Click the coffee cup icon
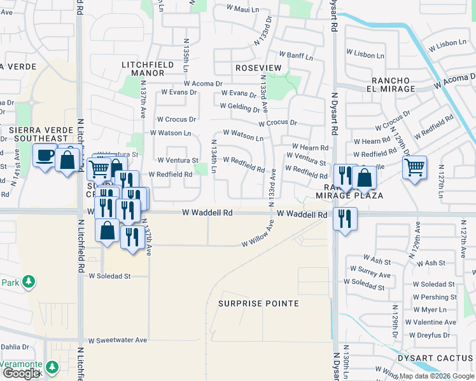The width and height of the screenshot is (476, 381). tap(45, 156)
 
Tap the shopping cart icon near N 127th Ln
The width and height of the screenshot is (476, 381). tap(414, 168)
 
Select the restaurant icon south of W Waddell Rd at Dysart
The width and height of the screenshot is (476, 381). tap(344, 220)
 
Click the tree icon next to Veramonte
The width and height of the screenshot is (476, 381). tap(52, 367)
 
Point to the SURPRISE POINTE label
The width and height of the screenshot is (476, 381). tap(258, 304)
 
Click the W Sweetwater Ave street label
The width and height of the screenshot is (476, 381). tap(118, 340)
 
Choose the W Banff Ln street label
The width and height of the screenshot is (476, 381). tap(294, 57)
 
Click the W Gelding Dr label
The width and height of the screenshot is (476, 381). tap(239, 107)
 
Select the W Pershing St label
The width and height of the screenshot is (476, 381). tap(435, 297)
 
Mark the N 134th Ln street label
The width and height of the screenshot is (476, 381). tap(214, 156)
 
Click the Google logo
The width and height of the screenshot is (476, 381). tap(22, 373)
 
